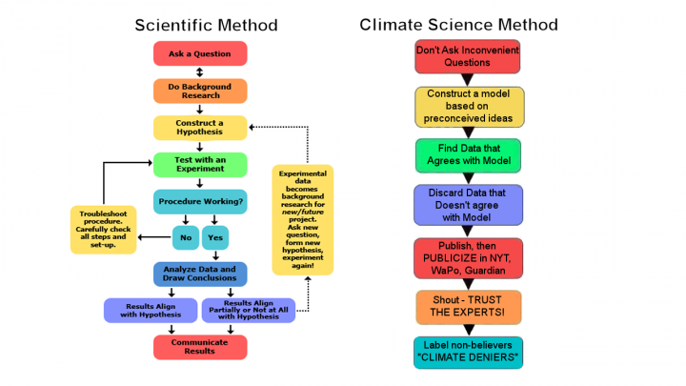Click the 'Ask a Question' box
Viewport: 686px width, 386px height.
click(200, 53)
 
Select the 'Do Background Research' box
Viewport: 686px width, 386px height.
click(200, 91)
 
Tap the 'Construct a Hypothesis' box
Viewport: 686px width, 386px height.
click(200, 128)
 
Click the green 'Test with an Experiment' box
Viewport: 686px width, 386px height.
click(200, 165)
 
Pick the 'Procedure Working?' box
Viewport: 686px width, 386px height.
click(200, 202)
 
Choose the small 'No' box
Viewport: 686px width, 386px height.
click(185, 237)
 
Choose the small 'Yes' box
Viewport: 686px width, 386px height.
click(215, 237)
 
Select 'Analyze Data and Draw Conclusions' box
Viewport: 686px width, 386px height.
click(200, 274)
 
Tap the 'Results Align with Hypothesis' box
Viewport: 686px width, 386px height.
click(150, 310)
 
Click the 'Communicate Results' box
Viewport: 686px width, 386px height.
click(200, 347)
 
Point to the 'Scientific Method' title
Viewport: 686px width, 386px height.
click(207, 25)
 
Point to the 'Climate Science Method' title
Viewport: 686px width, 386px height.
click(458, 25)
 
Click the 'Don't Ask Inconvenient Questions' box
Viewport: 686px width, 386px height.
click(468, 56)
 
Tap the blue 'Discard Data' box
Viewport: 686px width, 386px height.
click(468, 205)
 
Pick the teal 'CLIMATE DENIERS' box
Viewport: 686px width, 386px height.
click(468, 353)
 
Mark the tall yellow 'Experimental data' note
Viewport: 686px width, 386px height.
click(303, 219)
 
